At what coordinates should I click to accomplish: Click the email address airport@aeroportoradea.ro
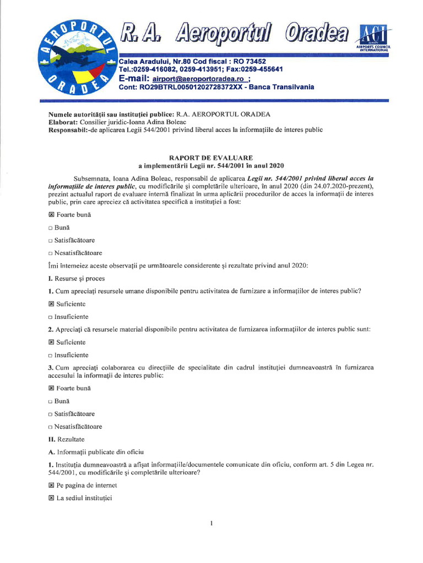coord(198,79)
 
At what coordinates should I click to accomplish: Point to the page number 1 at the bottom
coord(211,522)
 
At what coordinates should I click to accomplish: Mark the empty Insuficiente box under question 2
coord(50,355)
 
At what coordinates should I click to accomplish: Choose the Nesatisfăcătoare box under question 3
coord(50,427)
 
